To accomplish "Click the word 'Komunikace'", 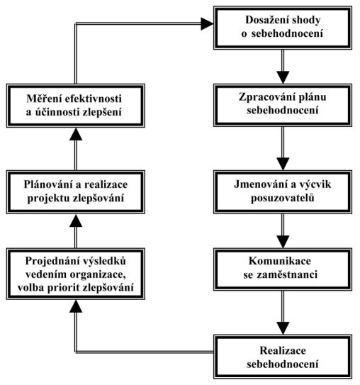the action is click(280, 261).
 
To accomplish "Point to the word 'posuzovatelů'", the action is click(283, 199).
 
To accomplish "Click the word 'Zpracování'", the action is click(266, 97).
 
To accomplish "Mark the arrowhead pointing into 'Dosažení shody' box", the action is click(207, 24).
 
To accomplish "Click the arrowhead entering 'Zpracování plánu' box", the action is click(283, 77).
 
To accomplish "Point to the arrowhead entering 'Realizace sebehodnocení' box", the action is click(283, 328).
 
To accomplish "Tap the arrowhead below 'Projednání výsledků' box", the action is click(76, 306).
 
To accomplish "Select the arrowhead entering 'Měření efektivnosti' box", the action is click(76, 134).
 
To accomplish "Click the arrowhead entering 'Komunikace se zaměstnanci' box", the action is click(283, 242).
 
